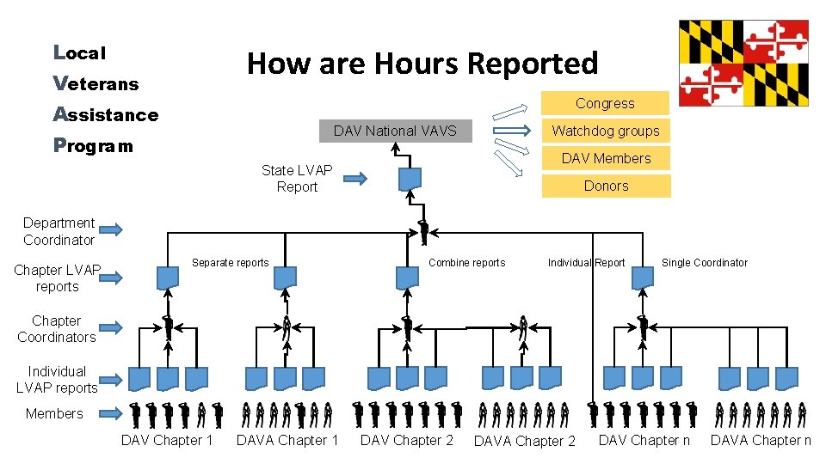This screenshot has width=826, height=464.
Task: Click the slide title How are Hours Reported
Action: click(x=422, y=63)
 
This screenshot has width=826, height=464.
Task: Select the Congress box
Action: click(x=605, y=103)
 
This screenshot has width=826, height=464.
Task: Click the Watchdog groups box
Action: click(x=605, y=131)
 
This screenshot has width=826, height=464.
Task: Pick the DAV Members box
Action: click(x=606, y=158)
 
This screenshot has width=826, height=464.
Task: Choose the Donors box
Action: click(x=606, y=186)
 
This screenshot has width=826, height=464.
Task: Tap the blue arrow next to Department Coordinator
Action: click(x=109, y=229)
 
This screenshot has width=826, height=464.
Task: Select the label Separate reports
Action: click(x=230, y=263)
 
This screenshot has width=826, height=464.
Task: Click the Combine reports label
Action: click(x=466, y=263)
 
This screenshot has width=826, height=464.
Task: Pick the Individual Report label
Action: click(x=586, y=263)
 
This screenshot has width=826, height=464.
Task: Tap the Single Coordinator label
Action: click(x=705, y=263)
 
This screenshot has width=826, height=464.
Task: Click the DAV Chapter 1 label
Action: click(x=167, y=441)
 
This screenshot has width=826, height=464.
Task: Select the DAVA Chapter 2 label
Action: click(x=524, y=442)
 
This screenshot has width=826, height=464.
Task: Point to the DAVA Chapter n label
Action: click(x=761, y=441)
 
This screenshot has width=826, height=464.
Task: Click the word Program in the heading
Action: click(x=93, y=145)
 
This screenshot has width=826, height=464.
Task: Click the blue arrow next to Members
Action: click(x=109, y=413)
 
